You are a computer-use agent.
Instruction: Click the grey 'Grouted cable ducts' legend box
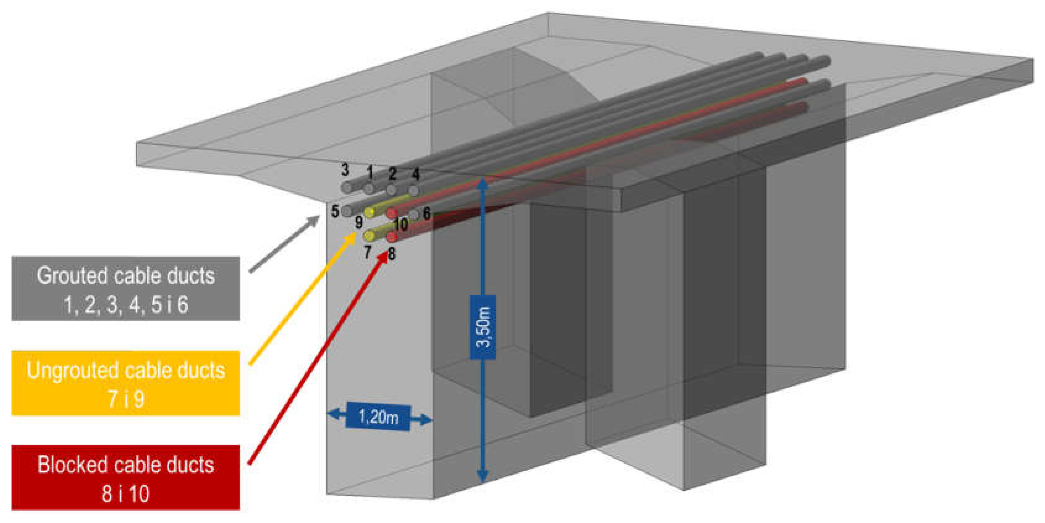[x=125, y=289]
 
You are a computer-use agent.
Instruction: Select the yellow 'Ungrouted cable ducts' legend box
[x=125, y=383]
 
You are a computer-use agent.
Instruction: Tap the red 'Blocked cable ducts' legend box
[x=125, y=478]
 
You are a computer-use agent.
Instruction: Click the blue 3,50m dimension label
[x=482, y=327]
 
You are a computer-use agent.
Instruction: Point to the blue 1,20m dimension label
[x=378, y=417]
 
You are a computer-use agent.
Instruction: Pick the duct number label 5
[x=335, y=211]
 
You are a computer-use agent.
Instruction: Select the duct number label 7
[x=367, y=252]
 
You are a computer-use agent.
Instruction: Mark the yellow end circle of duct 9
[x=369, y=212]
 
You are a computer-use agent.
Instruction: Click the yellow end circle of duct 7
[x=369, y=235]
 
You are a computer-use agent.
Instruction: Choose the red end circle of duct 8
[x=391, y=237]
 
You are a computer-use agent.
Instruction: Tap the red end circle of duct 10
[x=391, y=213]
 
